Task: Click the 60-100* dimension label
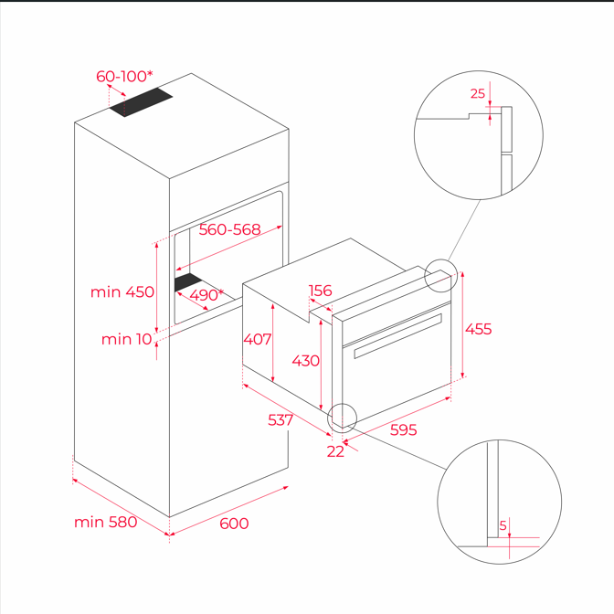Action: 124,76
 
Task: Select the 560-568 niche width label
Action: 229,229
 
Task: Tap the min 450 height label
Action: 122,291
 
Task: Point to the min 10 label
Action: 126,339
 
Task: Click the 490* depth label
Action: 206,294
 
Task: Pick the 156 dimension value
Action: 321,291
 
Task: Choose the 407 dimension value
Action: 258,339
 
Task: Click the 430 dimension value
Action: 306,361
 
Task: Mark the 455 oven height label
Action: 478,329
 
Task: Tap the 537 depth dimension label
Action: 281,420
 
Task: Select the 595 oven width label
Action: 403,430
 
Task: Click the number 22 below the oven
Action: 335,451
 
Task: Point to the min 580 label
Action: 106,522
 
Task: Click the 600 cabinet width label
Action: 234,524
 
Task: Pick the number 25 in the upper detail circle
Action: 478,93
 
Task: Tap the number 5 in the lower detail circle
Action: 503,525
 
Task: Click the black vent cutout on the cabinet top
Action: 141,101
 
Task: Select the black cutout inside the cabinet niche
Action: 188,281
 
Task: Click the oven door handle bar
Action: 397,335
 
